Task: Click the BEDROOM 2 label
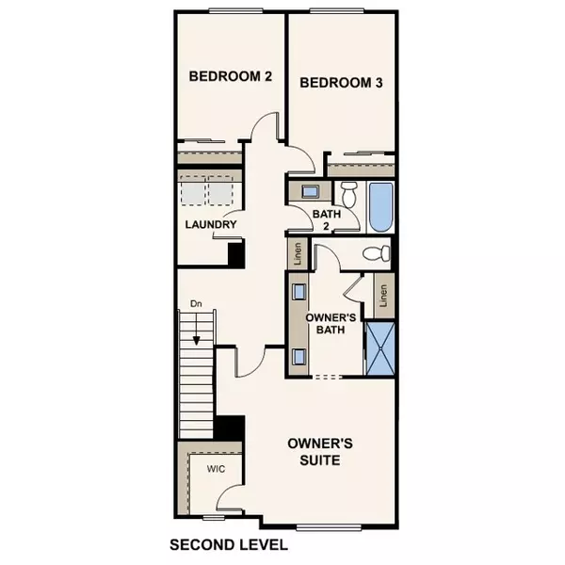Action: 230,77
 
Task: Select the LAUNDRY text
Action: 209,224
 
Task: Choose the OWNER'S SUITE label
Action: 315,452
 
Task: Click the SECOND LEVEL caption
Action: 228,544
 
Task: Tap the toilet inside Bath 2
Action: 348,196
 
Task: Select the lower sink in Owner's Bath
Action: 299,356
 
